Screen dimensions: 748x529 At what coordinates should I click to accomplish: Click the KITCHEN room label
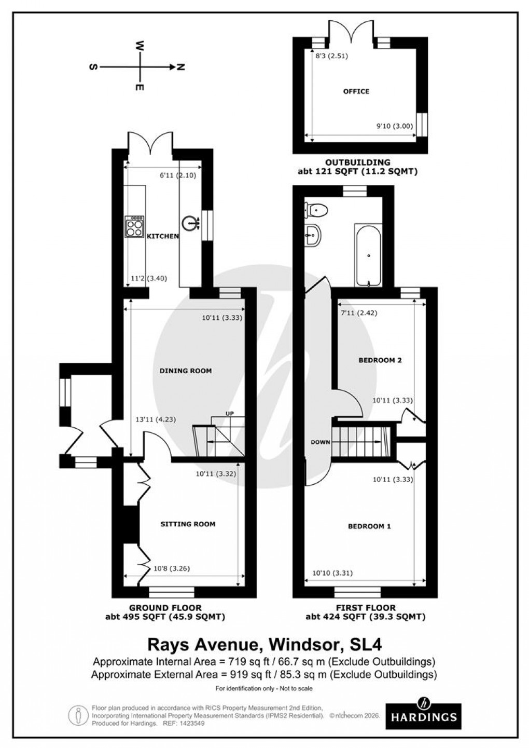pos(162,237)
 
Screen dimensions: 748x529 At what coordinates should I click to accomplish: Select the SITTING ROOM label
pos(187,524)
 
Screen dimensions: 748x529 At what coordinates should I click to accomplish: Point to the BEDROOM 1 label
pos(369,526)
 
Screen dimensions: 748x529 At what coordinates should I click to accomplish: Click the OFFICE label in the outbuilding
pos(356,91)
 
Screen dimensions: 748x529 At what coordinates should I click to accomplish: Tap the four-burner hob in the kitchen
pos(134,227)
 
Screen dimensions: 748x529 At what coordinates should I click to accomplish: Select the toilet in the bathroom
pos(316,210)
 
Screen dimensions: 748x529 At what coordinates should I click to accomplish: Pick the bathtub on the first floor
pos(369,255)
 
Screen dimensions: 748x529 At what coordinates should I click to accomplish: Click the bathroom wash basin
pos(313,237)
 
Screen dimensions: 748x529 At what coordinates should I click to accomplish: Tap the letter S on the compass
pos(93,67)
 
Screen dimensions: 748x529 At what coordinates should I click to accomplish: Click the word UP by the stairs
pos(230,413)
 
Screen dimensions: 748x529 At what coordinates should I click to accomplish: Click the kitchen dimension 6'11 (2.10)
pos(178,175)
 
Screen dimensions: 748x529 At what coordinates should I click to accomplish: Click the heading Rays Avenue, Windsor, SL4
pos(265,645)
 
